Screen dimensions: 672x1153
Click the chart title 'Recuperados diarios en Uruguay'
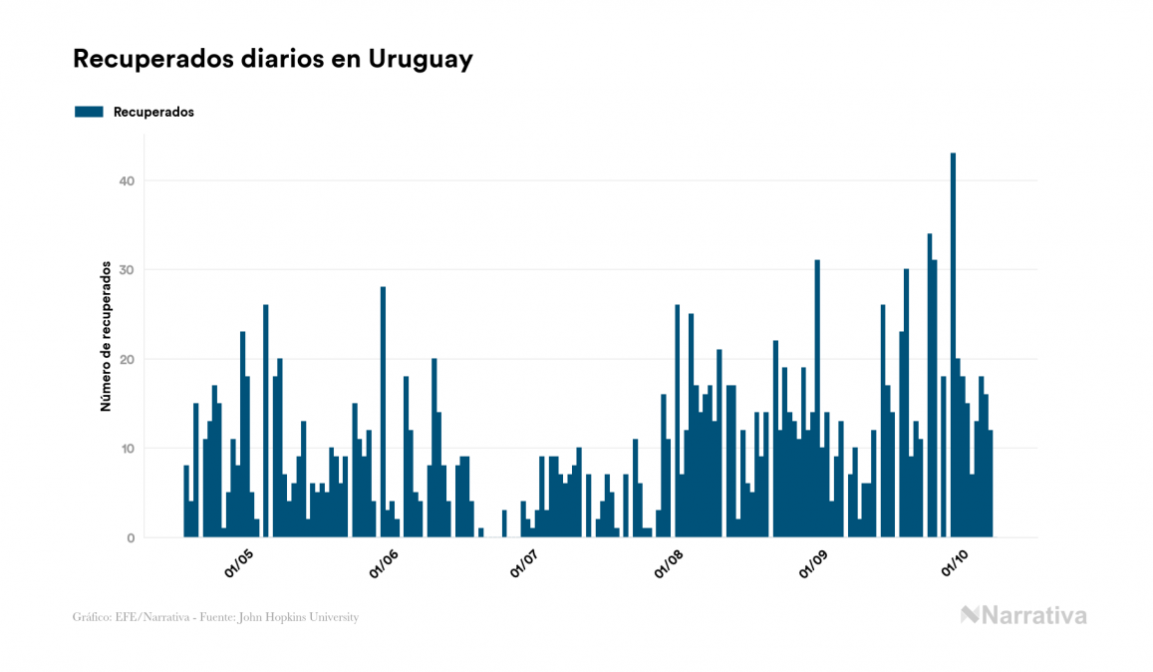pos(272,59)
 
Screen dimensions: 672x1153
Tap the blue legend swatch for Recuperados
pos(89,112)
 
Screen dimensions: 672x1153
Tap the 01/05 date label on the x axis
pos(239,564)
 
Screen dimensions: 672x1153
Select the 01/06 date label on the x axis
pos(384,564)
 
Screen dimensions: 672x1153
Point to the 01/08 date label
pos(669,564)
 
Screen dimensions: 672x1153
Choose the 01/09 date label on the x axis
pos(813,564)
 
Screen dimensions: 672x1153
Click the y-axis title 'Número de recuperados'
pos(105,337)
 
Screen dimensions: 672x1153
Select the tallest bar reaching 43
pos(953,345)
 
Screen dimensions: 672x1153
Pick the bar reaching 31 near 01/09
pos(817,399)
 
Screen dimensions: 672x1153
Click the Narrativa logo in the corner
pos(1023,615)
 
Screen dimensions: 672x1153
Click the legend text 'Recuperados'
pos(153,112)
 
